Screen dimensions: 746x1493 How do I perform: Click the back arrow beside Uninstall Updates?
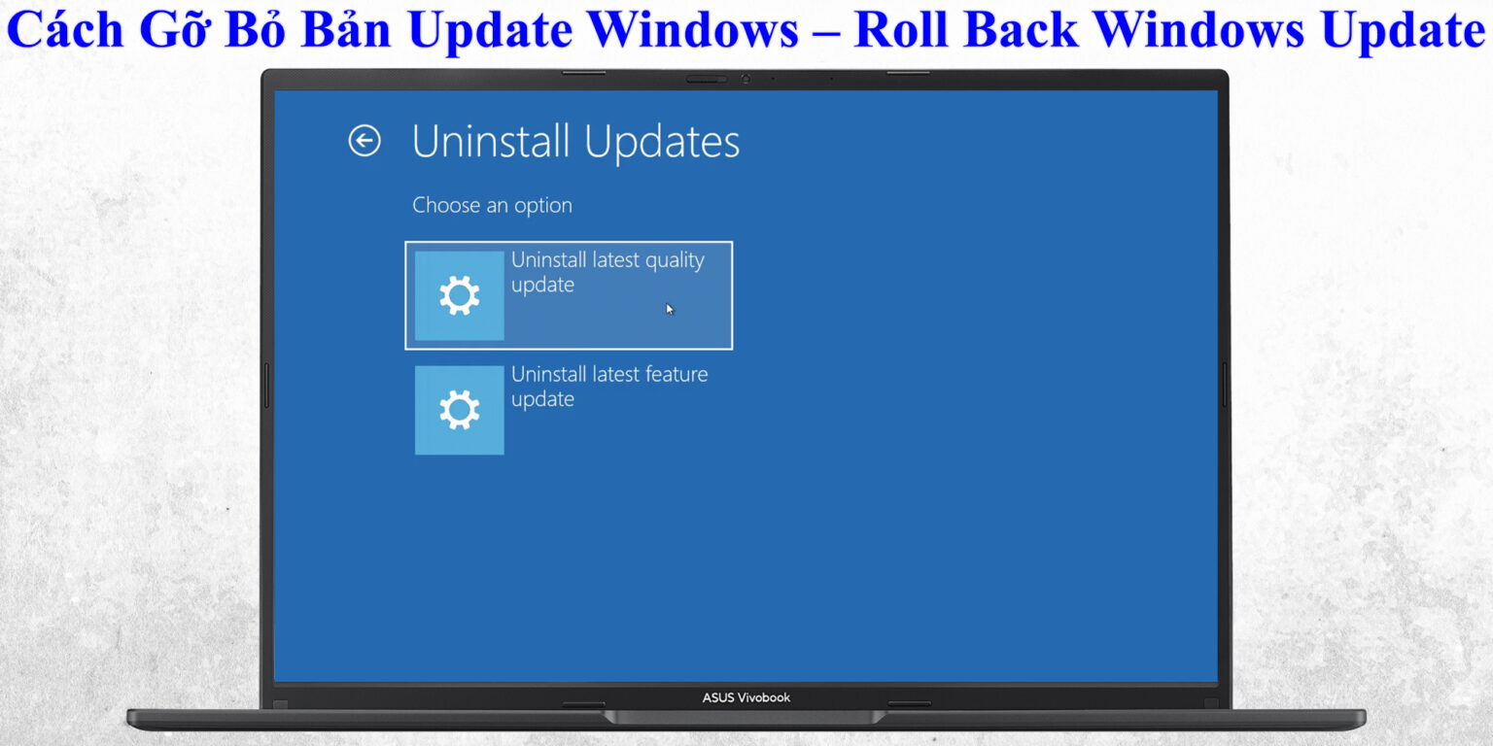click(x=365, y=141)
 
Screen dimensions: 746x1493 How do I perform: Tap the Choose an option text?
click(x=492, y=205)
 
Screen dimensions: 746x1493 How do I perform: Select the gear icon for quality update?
click(x=459, y=295)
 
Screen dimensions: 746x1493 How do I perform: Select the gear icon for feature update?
click(x=459, y=410)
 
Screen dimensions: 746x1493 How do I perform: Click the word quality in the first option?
click(x=674, y=261)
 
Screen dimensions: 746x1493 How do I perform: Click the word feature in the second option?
click(x=675, y=374)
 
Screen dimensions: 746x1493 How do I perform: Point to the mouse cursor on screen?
click(x=670, y=309)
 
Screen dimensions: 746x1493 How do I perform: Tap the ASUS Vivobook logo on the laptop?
click(x=746, y=697)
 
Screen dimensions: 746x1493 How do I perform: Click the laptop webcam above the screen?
click(x=746, y=79)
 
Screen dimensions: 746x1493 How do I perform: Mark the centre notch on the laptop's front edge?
click(x=745, y=717)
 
